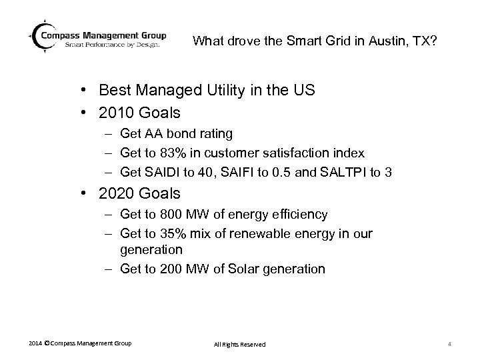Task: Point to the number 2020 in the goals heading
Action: click(114, 194)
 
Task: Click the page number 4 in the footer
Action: click(451, 344)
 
